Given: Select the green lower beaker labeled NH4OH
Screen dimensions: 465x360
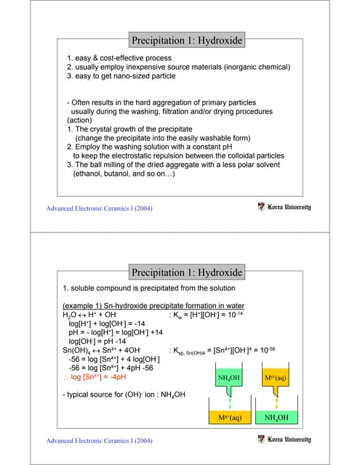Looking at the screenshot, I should point(276,418).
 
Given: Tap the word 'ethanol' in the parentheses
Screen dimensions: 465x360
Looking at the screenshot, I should point(91,174).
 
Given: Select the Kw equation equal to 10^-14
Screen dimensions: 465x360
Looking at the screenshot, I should point(209,316).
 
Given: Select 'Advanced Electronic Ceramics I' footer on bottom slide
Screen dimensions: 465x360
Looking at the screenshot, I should point(99,441).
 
